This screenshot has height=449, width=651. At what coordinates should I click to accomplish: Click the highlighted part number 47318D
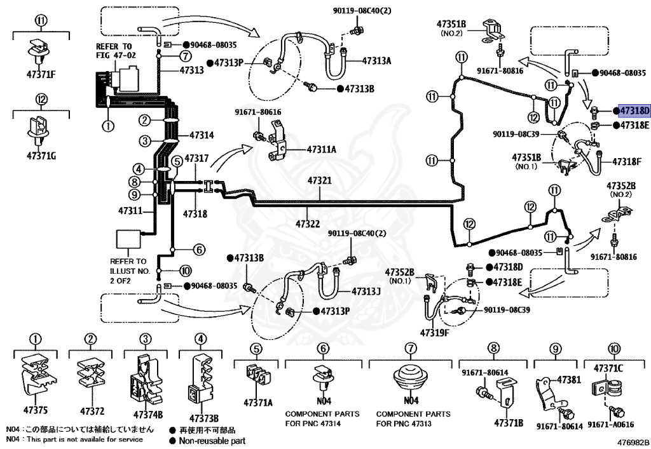pos(634,111)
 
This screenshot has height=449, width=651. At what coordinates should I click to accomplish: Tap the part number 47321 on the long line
pos(320,181)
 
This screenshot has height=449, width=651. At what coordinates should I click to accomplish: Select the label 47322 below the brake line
pos(308,224)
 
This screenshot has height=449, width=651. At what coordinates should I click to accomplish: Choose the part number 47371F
pos(41,75)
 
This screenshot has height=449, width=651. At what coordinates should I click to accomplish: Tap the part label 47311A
pos(321,149)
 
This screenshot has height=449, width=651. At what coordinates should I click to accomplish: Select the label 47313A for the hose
pos(376,61)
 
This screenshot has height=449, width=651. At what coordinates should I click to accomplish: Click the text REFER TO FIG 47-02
pos(115,51)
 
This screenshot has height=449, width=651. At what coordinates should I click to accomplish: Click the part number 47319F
pos(435,333)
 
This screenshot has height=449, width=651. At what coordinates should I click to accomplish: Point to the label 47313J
pos(366,292)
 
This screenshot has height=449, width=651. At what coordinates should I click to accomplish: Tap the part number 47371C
pos(608,368)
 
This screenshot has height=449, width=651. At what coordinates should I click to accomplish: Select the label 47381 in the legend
pos(569,379)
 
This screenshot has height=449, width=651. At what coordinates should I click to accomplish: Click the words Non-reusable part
pos(212,441)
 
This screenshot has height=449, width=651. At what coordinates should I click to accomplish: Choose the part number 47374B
pos(148,415)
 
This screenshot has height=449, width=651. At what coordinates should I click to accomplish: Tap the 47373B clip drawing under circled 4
pos(202,382)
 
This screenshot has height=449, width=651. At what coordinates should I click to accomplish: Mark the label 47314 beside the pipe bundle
pos(202,135)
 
